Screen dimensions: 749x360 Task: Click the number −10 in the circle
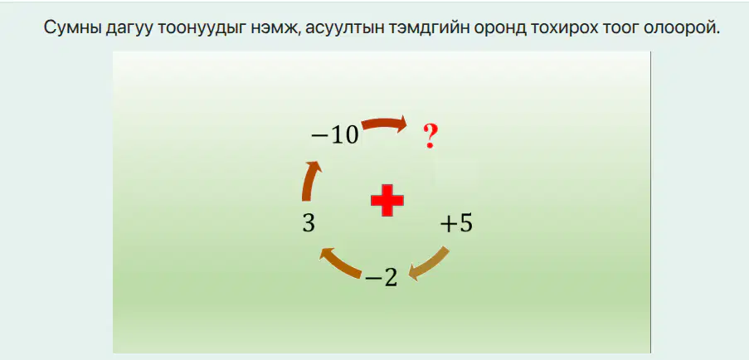click(x=335, y=135)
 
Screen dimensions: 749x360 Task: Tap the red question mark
click(x=430, y=136)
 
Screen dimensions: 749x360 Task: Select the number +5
click(x=457, y=223)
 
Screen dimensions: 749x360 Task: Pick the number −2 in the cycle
click(x=382, y=279)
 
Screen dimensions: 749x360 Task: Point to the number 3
click(x=309, y=223)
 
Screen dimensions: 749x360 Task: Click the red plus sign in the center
click(x=387, y=200)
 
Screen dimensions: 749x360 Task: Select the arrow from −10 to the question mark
click(x=383, y=124)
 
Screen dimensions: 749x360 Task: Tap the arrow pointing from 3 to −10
click(x=309, y=182)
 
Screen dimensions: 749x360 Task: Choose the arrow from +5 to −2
click(x=430, y=264)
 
